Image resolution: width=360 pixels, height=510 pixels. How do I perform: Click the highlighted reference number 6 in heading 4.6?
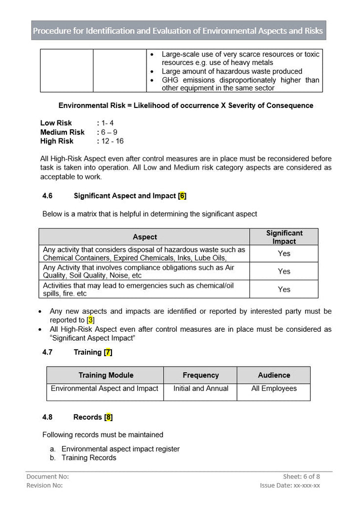point(182,196)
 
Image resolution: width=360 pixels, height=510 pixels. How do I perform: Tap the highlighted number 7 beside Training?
point(108,352)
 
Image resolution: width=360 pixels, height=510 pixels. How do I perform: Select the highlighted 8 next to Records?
point(108,417)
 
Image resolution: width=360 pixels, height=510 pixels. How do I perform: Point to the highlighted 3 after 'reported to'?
point(90,320)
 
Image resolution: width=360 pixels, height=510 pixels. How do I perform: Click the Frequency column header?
point(200,375)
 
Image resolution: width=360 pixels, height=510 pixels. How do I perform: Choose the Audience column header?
point(273,375)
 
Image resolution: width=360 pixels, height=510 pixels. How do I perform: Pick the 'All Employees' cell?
point(273,389)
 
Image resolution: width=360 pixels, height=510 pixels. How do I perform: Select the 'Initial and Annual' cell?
point(200,389)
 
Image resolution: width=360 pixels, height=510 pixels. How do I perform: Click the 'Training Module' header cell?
point(105,375)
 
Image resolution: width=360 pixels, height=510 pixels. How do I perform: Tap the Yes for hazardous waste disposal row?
point(284,254)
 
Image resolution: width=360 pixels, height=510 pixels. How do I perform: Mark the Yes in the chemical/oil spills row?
point(284,289)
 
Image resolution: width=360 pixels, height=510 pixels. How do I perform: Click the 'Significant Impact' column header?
point(284,237)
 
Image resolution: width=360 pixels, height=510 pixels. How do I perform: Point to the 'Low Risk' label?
point(56,123)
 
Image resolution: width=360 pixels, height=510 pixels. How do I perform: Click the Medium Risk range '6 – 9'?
point(109,132)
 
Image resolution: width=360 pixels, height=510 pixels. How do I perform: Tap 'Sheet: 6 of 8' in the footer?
point(301,477)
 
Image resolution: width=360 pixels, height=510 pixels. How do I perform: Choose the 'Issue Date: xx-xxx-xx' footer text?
point(290,486)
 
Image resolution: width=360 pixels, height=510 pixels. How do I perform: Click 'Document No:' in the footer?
point(47,477)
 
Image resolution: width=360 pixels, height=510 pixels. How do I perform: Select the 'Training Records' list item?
point(88,458)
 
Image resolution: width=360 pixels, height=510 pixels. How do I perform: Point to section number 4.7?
point(47,352)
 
